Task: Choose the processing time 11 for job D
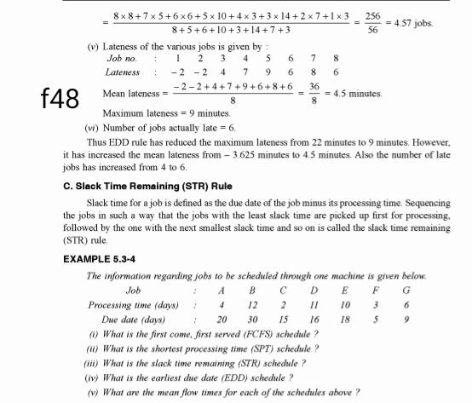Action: pos(314,305)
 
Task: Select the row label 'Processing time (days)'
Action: pos(133,305)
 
